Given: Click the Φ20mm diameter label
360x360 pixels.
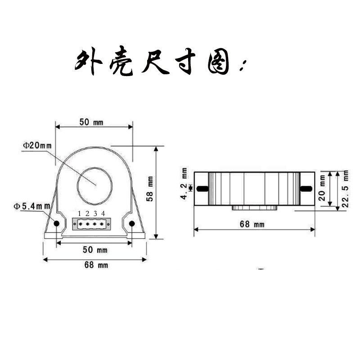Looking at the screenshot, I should (37, 145).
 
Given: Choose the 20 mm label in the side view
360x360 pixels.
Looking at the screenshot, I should (322, 189).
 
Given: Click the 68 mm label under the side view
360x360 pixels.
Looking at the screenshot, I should (252, 224).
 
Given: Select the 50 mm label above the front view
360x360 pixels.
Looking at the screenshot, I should (91, 122).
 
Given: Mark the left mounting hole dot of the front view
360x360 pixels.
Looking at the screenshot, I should (57, 223).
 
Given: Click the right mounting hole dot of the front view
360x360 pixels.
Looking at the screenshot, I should (132, 223).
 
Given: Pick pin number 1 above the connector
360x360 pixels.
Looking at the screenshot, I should (79, 213).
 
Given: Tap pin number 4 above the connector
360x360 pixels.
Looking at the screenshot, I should (103, 213).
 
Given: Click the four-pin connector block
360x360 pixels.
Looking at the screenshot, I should (91, 223).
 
